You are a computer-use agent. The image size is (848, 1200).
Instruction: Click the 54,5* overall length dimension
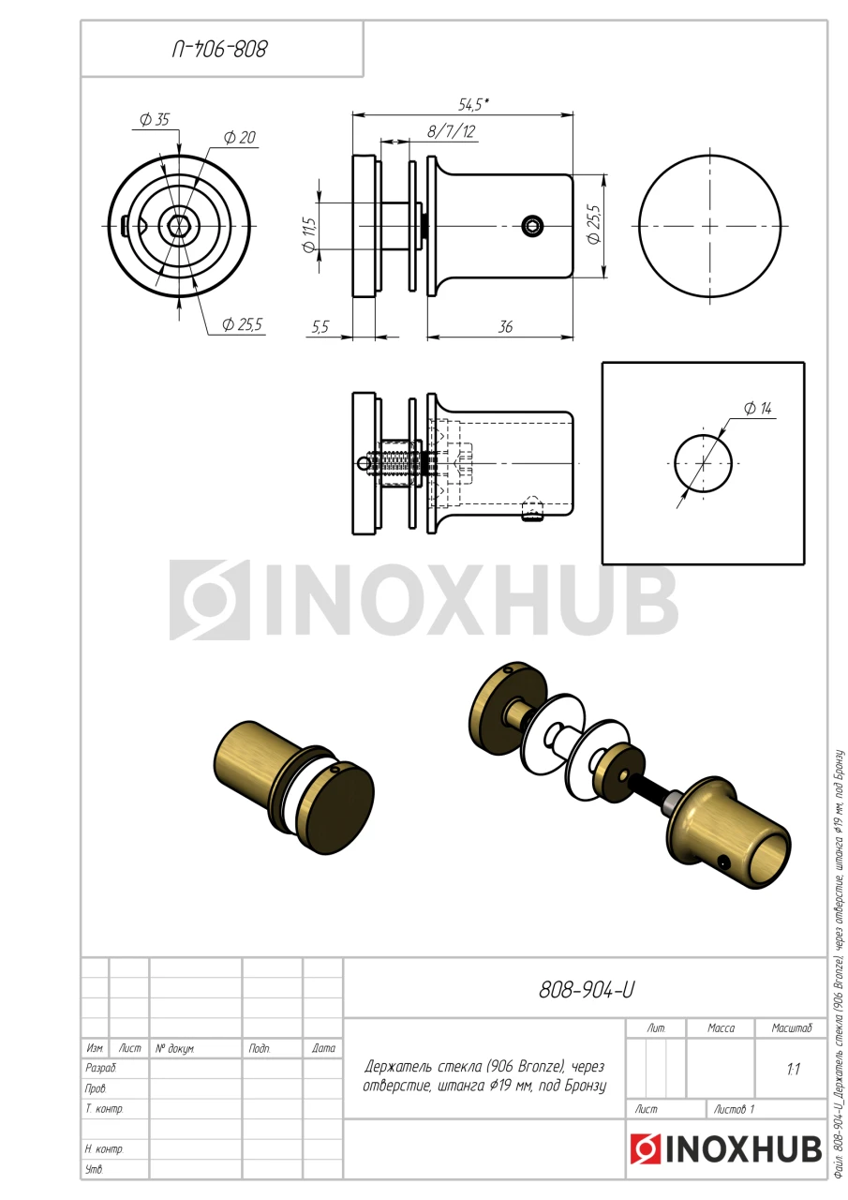[x=473, y=105]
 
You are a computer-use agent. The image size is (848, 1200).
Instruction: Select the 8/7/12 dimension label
[x=451, y=132]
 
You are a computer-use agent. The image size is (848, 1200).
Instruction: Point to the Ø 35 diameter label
[x=155, y=119]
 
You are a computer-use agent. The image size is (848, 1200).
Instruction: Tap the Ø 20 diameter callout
[x=239, y=138]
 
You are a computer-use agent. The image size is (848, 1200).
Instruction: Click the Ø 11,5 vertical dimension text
[x=308, y=234]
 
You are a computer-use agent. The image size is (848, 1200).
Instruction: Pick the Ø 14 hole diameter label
[x=757, y=409]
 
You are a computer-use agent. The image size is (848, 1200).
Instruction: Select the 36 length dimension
[x=505, y=326]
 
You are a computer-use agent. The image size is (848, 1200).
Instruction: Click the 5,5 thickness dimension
[x=320, y=326]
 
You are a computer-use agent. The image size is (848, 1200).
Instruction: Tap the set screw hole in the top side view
[x=532, y=226]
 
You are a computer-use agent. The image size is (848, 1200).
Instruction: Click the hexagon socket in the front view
[x=179, y=226]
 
